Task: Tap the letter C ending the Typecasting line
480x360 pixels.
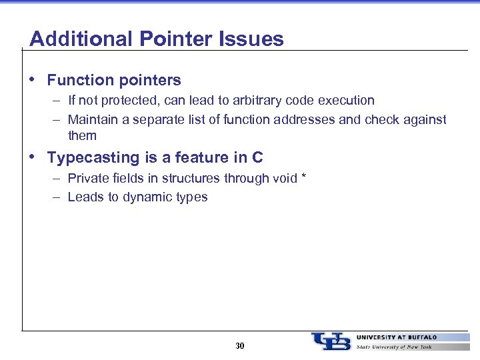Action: (257, 158)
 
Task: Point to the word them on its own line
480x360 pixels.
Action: (82, 136)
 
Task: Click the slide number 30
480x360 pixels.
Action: (240, 346)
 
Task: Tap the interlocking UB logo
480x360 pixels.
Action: (331, 341)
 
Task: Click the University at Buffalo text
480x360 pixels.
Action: (397, 337)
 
